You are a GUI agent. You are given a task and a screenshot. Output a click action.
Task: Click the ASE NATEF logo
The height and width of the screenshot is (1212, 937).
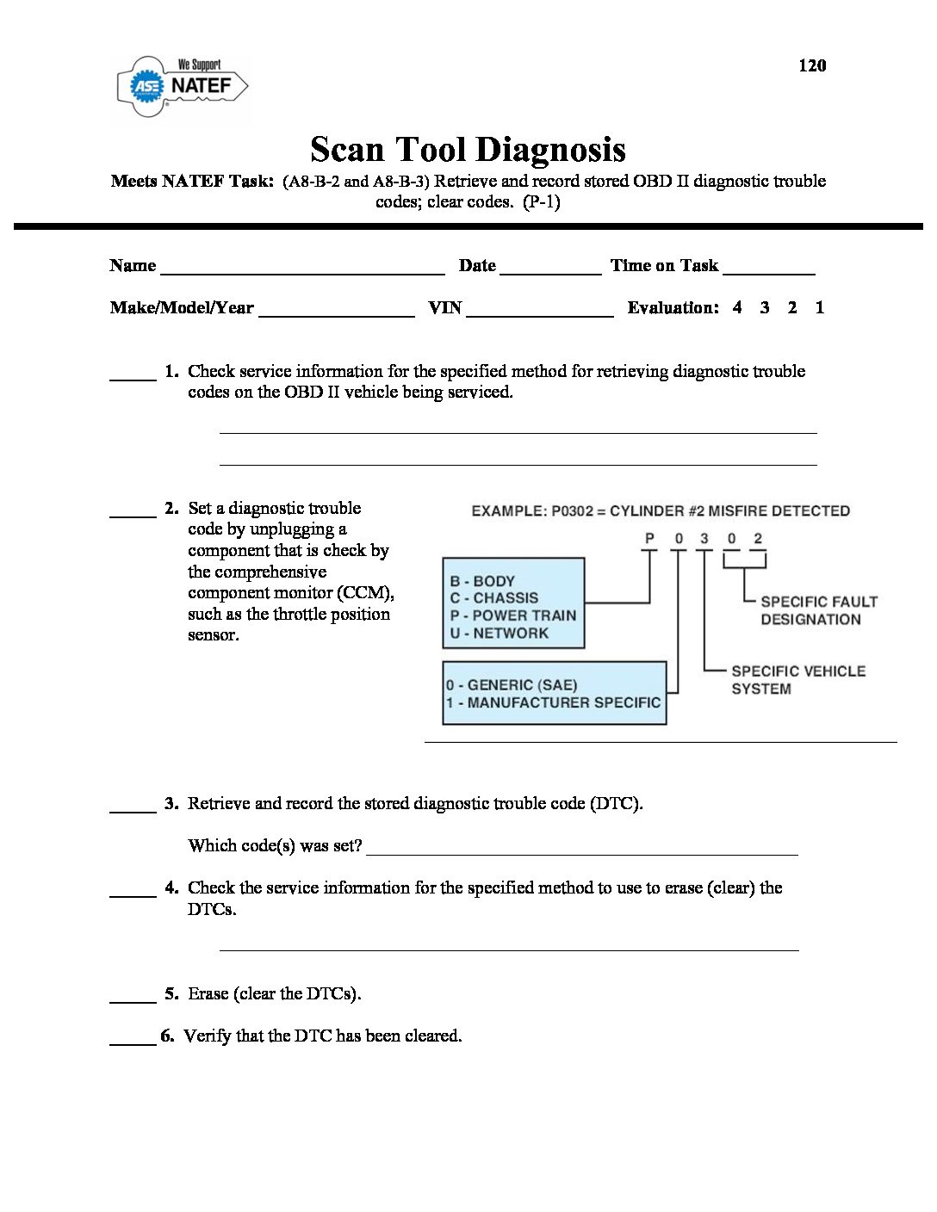[x=183, y=86]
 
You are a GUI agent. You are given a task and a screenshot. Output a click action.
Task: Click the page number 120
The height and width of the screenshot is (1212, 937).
[x=811, y=65]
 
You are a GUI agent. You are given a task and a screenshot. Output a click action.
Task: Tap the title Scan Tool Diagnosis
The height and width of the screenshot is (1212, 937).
[x=468, y=149]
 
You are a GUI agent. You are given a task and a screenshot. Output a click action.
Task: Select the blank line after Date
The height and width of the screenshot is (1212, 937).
[x=549, y=270]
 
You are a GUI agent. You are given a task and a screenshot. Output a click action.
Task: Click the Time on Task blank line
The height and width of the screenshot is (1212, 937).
[x=768, y=270]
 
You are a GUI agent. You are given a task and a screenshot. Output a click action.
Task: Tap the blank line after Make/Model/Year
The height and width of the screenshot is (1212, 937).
[x=336, y=313]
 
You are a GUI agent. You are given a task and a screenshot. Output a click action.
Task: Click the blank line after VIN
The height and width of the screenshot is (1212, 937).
[x=539, y=313]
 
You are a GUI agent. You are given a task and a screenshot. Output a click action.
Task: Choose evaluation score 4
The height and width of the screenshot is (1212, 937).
[x=737, y=307]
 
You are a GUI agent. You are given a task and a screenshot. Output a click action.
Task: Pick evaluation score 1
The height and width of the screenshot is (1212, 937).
[x=820, y=307]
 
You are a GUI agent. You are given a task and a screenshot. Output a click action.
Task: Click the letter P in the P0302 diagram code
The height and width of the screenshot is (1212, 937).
[x=650, y=539]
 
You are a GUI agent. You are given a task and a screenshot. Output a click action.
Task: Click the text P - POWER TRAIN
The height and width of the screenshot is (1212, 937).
[x=512, y=615]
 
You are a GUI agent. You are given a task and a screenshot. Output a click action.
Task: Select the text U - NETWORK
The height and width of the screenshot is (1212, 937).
[x=499, y=633]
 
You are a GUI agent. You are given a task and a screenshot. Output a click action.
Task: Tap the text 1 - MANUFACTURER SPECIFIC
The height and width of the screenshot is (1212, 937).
[x=553, y=702]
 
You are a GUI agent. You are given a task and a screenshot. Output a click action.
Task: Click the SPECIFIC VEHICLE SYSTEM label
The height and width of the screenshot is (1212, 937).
[x=797, y=679]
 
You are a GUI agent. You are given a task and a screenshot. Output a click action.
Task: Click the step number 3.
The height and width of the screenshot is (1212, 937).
[x=171, y=803]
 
